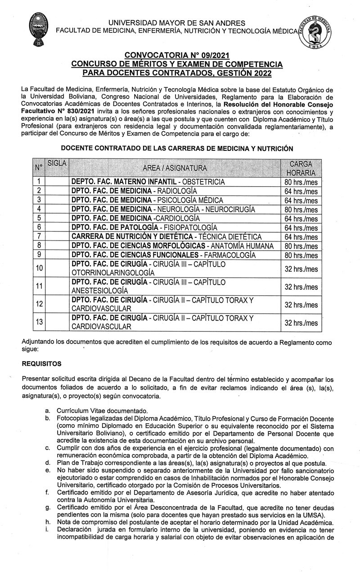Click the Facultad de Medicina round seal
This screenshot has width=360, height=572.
318,31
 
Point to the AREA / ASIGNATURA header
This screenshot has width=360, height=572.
175,168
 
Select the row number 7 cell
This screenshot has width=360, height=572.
39,237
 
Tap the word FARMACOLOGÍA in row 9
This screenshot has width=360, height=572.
234,255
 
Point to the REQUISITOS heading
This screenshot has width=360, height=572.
41,363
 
